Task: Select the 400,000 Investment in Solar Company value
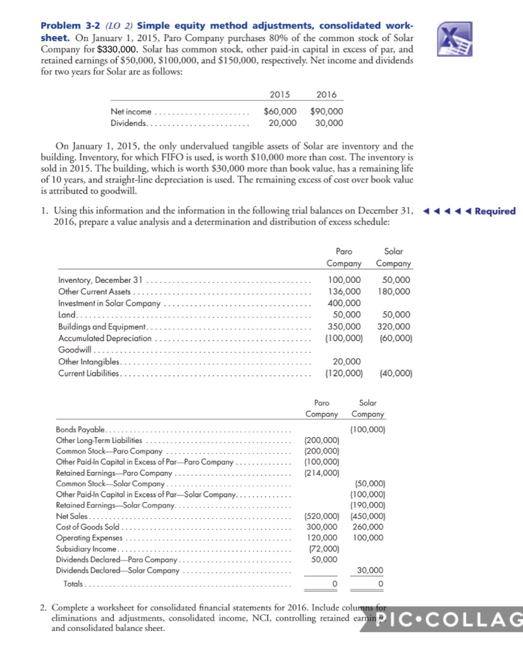pos(345,303)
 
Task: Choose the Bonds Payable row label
pos(82,430)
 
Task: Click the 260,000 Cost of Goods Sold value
pos(368,526)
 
